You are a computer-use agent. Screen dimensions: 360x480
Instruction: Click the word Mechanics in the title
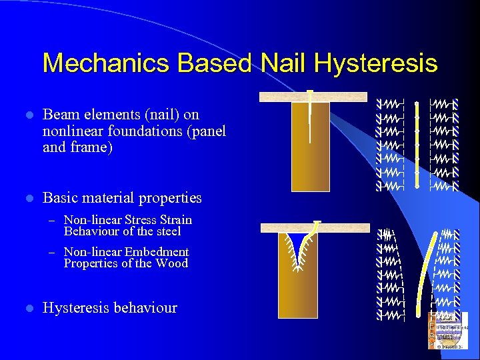pyautogui.click(x=95, y=63)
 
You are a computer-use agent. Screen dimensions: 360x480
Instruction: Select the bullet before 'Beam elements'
pyautogui.click(x=28, y=115)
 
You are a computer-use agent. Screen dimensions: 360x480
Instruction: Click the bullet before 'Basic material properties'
pyautogui.click(x=28, y=199)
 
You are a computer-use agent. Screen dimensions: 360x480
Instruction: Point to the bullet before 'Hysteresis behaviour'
pyautogui.click(x=28, y=309)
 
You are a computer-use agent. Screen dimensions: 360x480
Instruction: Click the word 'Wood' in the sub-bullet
pyautogui.click(x=171, y=263)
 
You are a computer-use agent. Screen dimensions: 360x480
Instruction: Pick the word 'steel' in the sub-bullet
pyautogui.click(x=166, y=231)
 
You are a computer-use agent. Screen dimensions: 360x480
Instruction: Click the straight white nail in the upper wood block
pyautogui.click(x=311, y=120)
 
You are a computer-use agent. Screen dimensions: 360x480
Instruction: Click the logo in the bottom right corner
pyautogui.click(x=448, y=331)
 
